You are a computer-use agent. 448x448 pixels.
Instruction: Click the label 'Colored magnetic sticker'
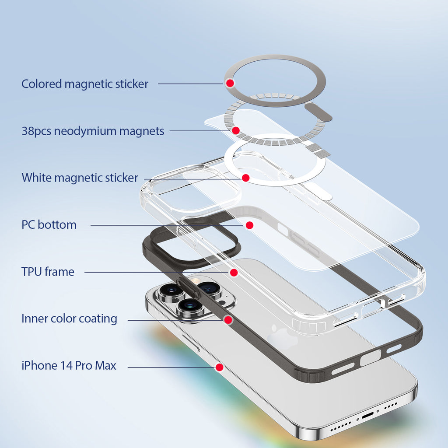click(x=85, y=84)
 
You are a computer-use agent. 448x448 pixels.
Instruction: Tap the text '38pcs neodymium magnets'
click(x=93, y=131)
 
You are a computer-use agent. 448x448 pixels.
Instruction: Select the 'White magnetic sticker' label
click(x=80, y=178)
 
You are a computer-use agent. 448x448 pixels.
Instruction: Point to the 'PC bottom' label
click(x=49, y=225)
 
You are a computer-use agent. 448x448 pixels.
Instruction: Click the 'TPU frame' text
click(x=48, y=272)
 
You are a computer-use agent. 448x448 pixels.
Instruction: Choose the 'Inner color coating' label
click(x=69, y=318)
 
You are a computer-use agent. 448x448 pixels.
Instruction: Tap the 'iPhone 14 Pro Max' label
click(x=69, y=365)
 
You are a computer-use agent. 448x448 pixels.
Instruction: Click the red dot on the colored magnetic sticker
click(x=230, y=83)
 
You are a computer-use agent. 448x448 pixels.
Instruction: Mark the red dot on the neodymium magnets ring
click(x=236, y=130)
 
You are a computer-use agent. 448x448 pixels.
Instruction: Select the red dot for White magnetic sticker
click(x=245, y=178)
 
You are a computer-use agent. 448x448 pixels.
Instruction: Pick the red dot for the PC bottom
click(x=249, y=225)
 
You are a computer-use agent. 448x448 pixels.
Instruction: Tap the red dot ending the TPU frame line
click(x=234, y=273)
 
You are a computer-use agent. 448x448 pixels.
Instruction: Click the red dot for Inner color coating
click(x=228, y=320)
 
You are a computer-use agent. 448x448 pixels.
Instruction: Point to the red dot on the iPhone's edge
click(x=220, y=367)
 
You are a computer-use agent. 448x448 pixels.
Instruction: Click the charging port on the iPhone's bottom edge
click(x=367, y=415)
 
